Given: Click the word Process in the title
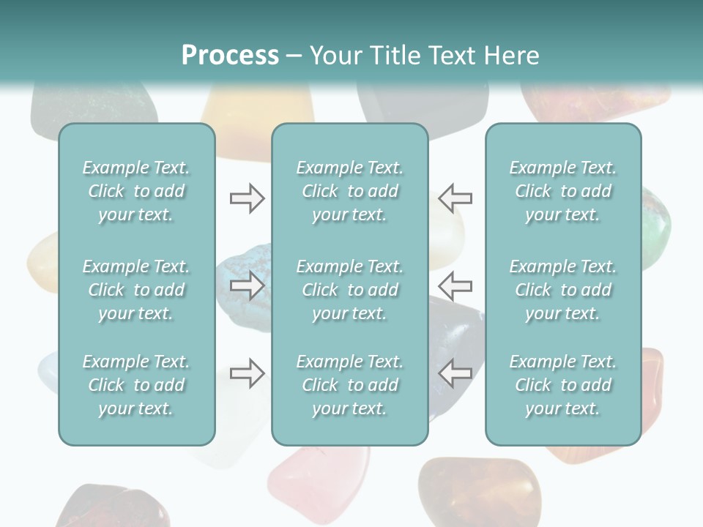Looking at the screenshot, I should pos(230,56).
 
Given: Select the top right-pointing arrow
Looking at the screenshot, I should pos(247,198).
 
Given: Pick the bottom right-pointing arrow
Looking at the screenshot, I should pos(247,373).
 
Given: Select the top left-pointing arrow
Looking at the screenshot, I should pos(455,198).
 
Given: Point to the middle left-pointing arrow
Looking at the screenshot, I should pos(455,284).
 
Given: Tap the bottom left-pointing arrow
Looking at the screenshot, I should pos(455,373).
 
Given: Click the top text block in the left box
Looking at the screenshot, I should pos(136,191).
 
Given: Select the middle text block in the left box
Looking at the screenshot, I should pos(136,290).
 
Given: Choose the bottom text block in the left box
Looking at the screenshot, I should pos(136,385).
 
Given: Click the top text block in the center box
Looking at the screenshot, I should pos(349,191).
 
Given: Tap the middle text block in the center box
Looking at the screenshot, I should pos(349,290).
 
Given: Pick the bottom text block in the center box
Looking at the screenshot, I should pos(349,385).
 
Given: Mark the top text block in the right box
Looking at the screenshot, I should pos(562,191).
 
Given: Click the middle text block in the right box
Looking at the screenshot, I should pos(562,290).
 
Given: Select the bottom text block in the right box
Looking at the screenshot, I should pos(562,385).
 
